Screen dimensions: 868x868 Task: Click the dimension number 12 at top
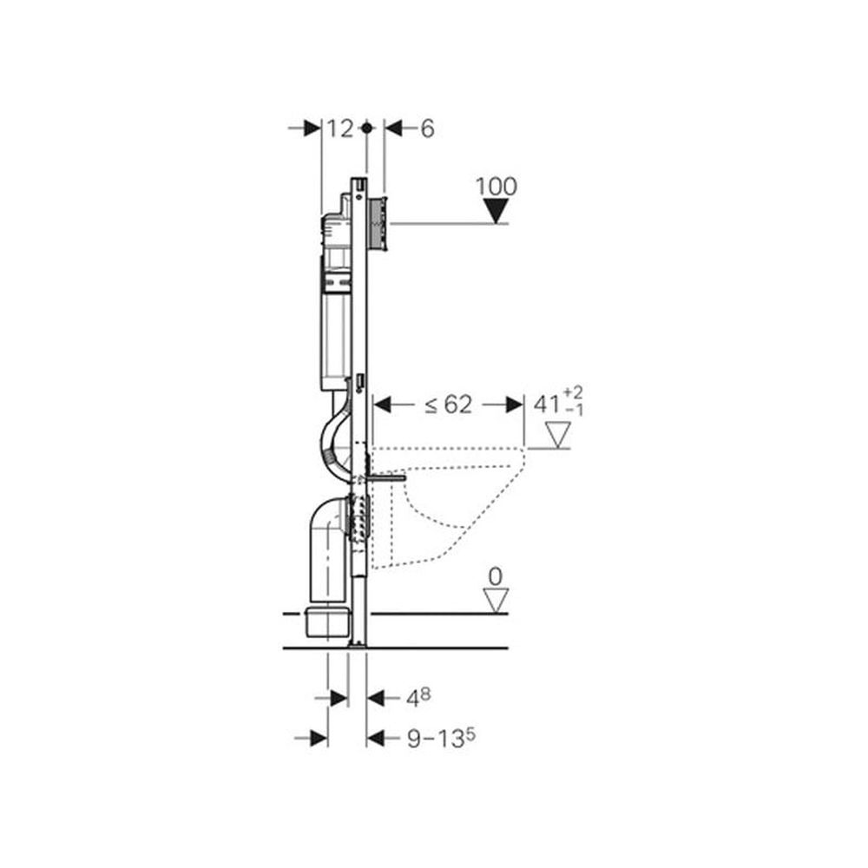(x=340, y=129)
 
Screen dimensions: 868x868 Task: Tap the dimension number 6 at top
(x=427, y=129)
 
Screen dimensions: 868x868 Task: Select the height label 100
(x=496, y=187)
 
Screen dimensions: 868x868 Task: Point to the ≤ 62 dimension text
(x=449, y=404)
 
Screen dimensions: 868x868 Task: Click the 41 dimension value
(x=547, y=404)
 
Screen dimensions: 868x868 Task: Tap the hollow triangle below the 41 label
(x=557, y=435)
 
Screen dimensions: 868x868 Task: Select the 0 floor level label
(x=496, y=577)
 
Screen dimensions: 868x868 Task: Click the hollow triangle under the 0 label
(x=496, y=602)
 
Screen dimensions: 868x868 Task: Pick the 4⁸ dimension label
(x=418, y=698)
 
